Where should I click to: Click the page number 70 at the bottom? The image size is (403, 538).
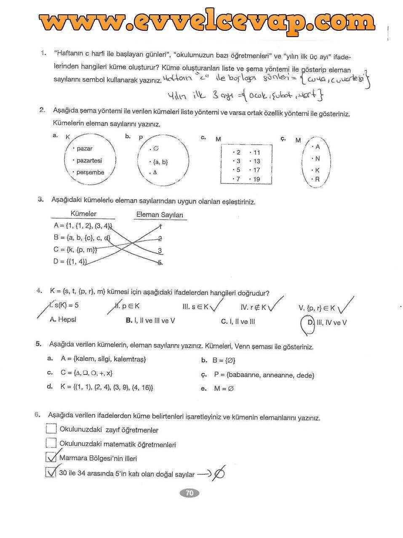(189, 493)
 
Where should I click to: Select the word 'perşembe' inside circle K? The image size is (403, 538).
(90, 172)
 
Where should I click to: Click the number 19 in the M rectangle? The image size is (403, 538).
(256, 179)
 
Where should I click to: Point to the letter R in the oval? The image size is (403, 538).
(317, 179)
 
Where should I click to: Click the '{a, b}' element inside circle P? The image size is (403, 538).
(160, 162)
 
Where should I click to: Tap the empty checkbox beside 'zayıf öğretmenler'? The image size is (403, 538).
(51, 429)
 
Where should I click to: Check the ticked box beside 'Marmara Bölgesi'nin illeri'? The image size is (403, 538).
(51, 458)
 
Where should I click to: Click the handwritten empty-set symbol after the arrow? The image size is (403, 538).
(219, 474)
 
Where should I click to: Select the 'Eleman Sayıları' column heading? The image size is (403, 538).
(160, 215)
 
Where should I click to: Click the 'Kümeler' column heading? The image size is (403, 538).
(83, 214)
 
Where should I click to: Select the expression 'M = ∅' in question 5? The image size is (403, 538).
(223, 388)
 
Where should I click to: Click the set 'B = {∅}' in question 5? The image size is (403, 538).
(224, 361)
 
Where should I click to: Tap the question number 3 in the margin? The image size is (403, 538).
(41, 199)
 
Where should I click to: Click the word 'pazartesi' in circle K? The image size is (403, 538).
(89, 161)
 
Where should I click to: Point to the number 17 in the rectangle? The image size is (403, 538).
(256, 170)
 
